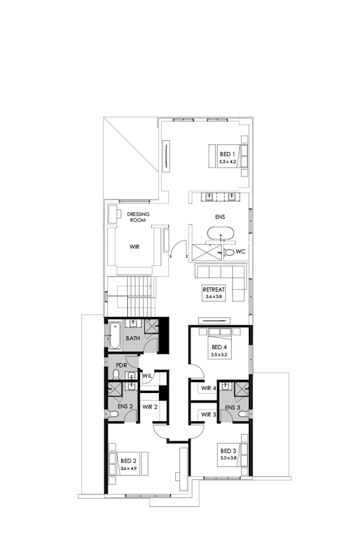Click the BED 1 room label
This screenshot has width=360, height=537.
(227, 154)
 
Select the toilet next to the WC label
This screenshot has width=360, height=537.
(229, 252)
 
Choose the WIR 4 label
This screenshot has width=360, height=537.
(209, 388)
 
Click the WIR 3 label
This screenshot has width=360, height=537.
(209, 414)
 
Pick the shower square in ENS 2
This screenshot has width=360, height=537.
(114, 391)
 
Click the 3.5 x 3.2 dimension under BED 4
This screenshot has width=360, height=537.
(219, 355)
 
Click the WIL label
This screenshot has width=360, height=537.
(147, 375)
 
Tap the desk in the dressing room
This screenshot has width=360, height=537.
(111, 213)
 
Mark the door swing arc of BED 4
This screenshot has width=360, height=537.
(194, 369)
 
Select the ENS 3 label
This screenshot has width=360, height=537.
(232, 408)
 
